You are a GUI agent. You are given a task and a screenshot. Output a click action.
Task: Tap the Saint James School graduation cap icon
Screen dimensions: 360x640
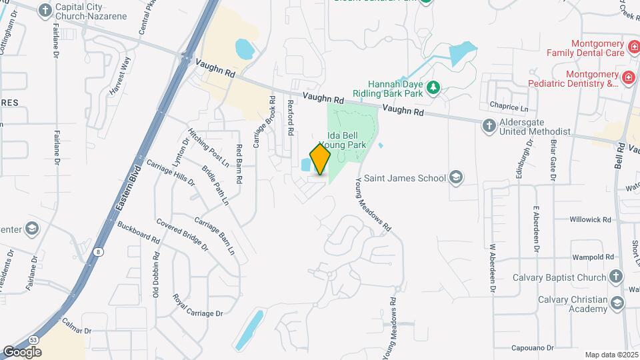456,177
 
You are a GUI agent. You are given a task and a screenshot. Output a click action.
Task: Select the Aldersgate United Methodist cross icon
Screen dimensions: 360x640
489,125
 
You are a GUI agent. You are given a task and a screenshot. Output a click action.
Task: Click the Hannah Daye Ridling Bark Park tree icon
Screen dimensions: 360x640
433,87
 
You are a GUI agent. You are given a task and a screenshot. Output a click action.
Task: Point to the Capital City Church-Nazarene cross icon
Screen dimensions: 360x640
45,10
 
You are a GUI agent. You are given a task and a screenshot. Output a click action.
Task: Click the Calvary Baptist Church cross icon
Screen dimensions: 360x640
616,277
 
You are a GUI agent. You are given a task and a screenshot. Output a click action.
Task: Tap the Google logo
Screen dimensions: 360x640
22,351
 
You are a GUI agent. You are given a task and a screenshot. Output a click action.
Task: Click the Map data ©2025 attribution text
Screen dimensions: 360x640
611,355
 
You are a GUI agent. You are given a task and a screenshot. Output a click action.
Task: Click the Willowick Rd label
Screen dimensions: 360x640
591,219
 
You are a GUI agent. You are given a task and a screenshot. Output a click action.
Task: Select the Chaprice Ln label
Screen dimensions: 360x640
513,107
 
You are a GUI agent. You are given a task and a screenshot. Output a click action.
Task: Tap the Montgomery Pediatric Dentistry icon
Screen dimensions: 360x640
628,79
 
